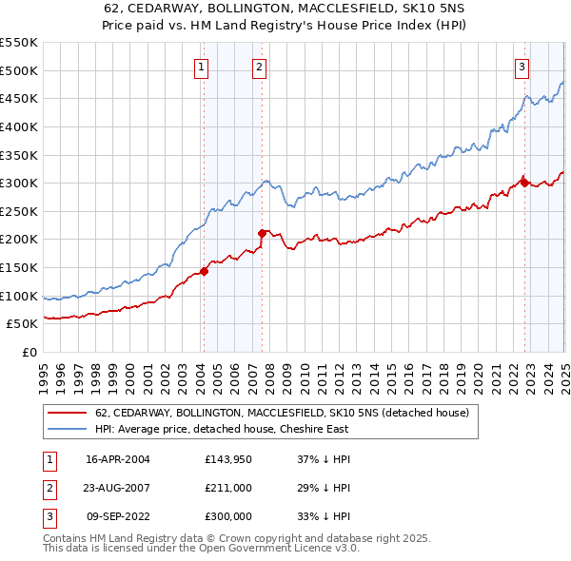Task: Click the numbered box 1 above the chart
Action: point(203,67)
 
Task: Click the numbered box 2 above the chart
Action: point(260,67)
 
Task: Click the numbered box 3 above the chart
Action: point(522,67)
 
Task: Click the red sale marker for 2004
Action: point(204,271)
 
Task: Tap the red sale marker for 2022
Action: point(524,184)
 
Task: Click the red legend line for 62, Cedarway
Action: point(68,414)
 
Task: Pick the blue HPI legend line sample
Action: point(68,429)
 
